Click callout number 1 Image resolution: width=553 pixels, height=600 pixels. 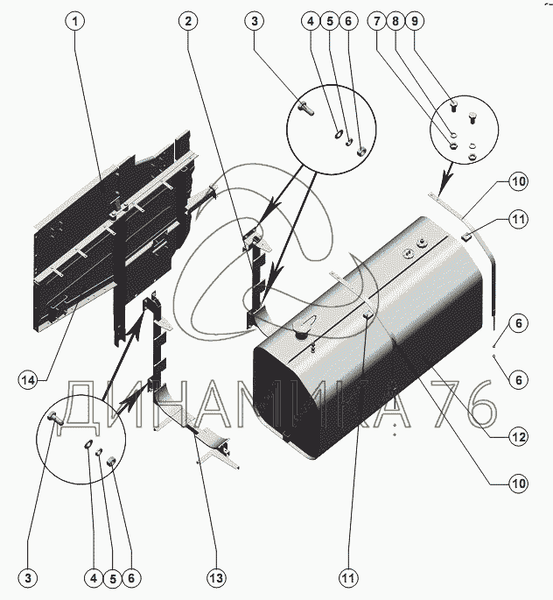(x=75, y=21)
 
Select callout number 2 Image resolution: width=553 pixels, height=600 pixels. (x=188, y=21)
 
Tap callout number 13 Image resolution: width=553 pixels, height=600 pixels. (x=216, y=578)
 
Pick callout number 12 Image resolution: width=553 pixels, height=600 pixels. (x=519, y=437)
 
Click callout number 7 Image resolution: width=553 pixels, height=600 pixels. (x=377, y=21)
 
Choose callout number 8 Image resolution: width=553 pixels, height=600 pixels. (x=395, y=21)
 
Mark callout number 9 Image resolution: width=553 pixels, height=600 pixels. (x=414, y=21)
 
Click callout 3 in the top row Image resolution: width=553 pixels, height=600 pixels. (x=255, y=21)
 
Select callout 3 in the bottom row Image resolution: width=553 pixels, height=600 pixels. (x=28, y=578)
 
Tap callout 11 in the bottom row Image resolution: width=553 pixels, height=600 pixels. (x=348, y=578)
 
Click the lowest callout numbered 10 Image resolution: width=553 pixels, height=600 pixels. (x=519, y=484)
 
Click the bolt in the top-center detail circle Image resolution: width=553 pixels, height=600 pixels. (x=306, y=108)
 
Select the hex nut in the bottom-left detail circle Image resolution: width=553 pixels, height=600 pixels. (x=111, y=462)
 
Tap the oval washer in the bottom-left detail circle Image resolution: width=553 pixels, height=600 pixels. (x=88, y=443)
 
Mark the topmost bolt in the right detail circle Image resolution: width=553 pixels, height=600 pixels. (x=454, y=107)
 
